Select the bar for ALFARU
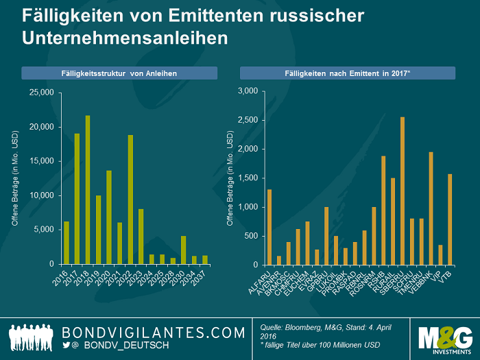point(269,227)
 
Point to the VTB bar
point(450,219)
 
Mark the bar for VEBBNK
point(431,208)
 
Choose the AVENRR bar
point(279,261)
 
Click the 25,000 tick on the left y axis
point(43,92)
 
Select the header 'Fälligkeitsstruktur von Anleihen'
point(119,73)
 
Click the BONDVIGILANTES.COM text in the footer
point(153,333)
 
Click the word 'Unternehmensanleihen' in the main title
point(124,38)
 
